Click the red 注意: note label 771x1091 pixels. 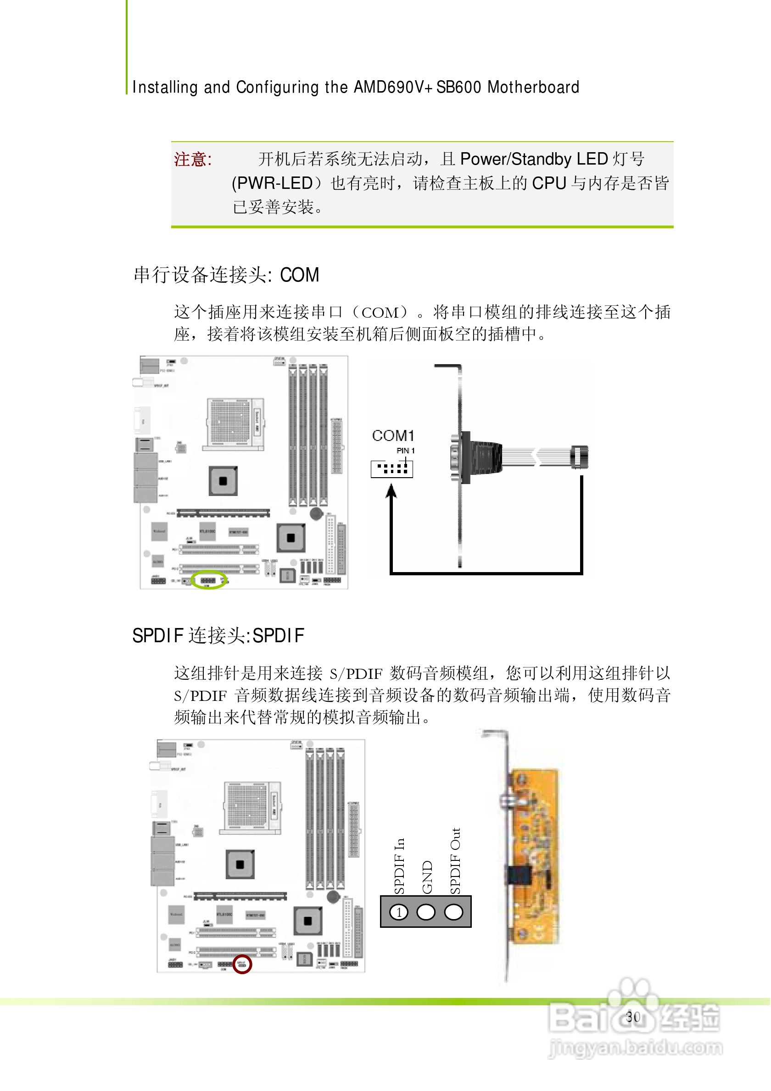(193, 159)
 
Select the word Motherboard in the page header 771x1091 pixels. (533, 88)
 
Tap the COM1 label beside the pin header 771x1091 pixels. (393, 435)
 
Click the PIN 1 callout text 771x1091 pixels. (405, 451)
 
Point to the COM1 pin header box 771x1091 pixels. (392, 469)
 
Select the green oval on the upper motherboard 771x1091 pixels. (209, 580)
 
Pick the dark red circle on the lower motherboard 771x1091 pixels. (241, 964)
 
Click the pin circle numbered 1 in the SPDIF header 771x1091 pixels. (399, 912)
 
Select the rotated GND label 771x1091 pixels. (427, 876)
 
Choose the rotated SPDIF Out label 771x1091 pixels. (455, 861)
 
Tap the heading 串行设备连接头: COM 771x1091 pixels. (226, 275)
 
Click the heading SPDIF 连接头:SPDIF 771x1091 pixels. (218, 636)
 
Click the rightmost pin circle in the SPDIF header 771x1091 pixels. (453, 912)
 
